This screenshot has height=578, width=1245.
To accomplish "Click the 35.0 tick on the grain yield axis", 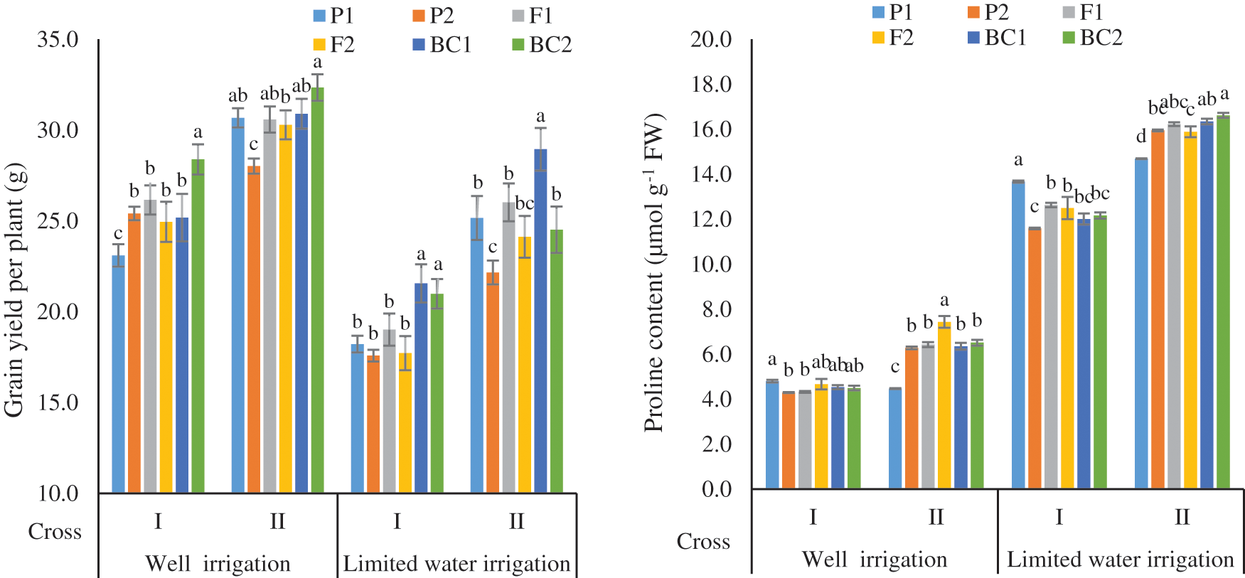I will point(58,40).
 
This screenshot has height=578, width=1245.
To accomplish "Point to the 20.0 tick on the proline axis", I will point(710,40).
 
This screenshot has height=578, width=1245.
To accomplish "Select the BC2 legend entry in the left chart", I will point(542,45).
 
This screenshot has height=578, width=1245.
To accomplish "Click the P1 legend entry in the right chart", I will point(892,12).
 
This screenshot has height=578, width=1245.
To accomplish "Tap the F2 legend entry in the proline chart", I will point(892,37).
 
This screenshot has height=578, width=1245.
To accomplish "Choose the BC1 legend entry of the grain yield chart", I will point(442,45).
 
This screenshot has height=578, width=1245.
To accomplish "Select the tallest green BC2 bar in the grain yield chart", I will point(317,290).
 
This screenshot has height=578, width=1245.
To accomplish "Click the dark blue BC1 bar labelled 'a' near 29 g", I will point(540,320).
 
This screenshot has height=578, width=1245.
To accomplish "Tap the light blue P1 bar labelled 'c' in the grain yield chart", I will point(118,373).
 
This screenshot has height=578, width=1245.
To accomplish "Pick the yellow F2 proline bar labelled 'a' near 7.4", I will point(944,405).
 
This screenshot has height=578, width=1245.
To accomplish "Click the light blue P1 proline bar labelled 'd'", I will point(1141,323).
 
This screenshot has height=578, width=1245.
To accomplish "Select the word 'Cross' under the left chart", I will point(55,532).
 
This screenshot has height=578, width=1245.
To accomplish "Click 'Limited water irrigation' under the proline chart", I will point(1120,560).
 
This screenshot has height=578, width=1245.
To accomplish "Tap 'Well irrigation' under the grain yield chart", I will point(218,564).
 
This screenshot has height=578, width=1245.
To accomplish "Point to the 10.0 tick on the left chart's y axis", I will point(58,493).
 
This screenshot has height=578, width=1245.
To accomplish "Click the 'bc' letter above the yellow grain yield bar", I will point(525,203).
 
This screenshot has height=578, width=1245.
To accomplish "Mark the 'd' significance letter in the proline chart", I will point(1141,137).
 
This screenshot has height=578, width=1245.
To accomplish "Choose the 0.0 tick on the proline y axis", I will point(717,489).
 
